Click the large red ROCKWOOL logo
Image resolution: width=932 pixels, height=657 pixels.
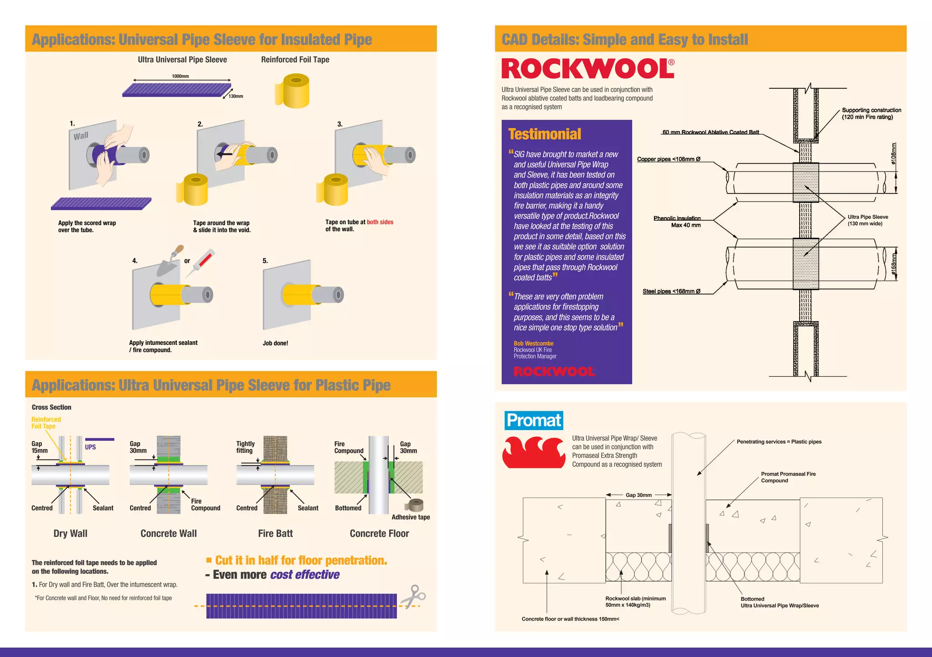[x=588, y=69]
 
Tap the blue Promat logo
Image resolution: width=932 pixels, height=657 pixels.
[x=533, y=420]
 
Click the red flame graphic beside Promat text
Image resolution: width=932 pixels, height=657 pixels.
[x=534, y=452]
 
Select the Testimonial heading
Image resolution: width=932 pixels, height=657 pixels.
[x=544, y=134]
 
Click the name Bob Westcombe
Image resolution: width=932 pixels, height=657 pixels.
[x=533, y=344]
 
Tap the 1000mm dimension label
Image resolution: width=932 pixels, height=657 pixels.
[x=180, y=76]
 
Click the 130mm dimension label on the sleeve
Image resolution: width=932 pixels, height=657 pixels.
[x=236, y=96]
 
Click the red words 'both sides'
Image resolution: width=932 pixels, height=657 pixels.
[x=380, y=222]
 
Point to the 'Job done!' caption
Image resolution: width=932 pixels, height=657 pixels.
[x=275, y=343]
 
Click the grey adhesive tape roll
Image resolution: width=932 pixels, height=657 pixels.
[x=414, y=505]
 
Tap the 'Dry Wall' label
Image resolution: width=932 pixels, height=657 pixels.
[x=70, y=533]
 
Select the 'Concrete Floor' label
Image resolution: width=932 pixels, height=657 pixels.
[x=379, y=533]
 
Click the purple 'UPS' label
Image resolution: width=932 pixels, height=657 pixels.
[x=90, y=447]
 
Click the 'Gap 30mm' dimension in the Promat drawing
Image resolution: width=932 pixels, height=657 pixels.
[x=638, y=495]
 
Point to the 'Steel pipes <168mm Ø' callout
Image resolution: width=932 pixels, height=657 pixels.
[x=671, y=291]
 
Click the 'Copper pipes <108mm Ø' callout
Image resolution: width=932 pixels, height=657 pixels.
[x=669, y=159]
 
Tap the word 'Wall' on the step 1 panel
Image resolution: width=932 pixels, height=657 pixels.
[x=81, y=136]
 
